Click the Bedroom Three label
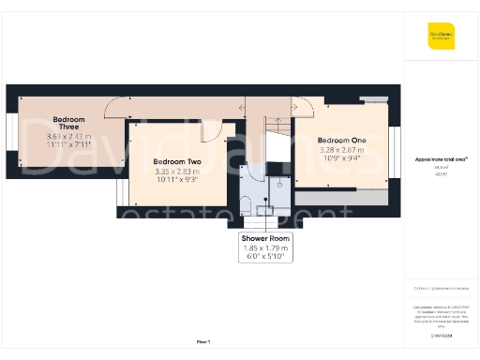tap(69, 124)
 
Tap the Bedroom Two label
tap(177, 161)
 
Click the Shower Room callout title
tap(267, 239)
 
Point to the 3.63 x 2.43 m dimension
tap(69, 137)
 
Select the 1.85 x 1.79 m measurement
tap(267, 248)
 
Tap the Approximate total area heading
tap(442, 160)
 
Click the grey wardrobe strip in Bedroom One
tap(341, 198)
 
